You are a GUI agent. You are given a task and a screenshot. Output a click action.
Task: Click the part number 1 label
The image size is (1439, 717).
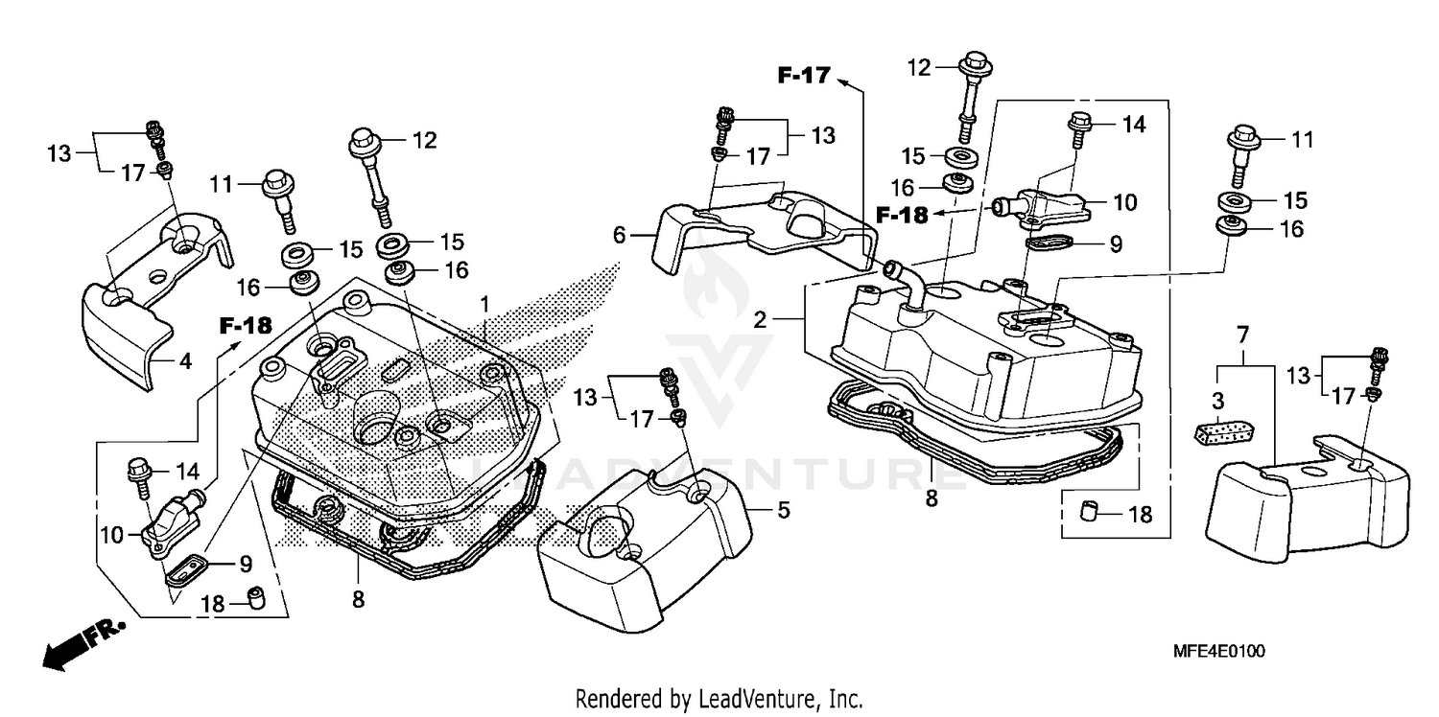tap(485, 304)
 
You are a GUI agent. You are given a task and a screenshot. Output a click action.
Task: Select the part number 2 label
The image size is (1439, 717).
tap(760, 320)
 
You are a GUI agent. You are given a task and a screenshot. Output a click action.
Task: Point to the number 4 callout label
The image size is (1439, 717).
tap(185, 361)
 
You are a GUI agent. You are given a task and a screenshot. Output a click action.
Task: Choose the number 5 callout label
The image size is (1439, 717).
tap(783, 511)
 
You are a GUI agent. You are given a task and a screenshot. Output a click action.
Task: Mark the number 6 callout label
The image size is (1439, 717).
tap(620, 234)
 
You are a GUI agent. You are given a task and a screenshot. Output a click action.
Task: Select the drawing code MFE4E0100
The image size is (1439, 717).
tap(1218, 652)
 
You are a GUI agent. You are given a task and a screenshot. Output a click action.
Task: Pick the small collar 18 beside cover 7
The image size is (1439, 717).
tap(1088, 513)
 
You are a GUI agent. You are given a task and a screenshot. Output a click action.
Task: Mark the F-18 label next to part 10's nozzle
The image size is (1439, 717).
tap(901, 215)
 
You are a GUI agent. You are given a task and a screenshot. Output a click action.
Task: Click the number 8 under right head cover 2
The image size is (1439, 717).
tap(932, 499)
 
